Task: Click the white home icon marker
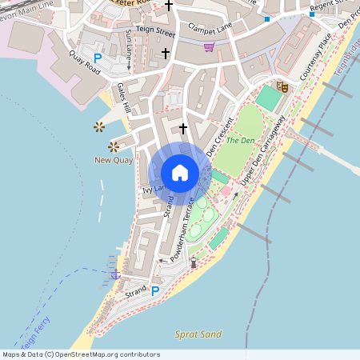coord(180,173)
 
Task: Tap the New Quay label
coord(114,161)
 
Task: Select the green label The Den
coord(239,140)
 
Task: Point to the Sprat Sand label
coord(198,334)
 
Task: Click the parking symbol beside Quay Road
coord(98,58)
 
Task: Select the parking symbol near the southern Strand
coord(155,292)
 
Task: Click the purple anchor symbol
coord(115,274)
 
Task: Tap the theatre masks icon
coord(282,86)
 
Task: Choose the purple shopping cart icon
coord(209,47)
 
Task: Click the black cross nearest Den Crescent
coord(183,128)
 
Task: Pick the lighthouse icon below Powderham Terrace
coord(193,262)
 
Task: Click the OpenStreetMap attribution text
coord(80,354)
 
